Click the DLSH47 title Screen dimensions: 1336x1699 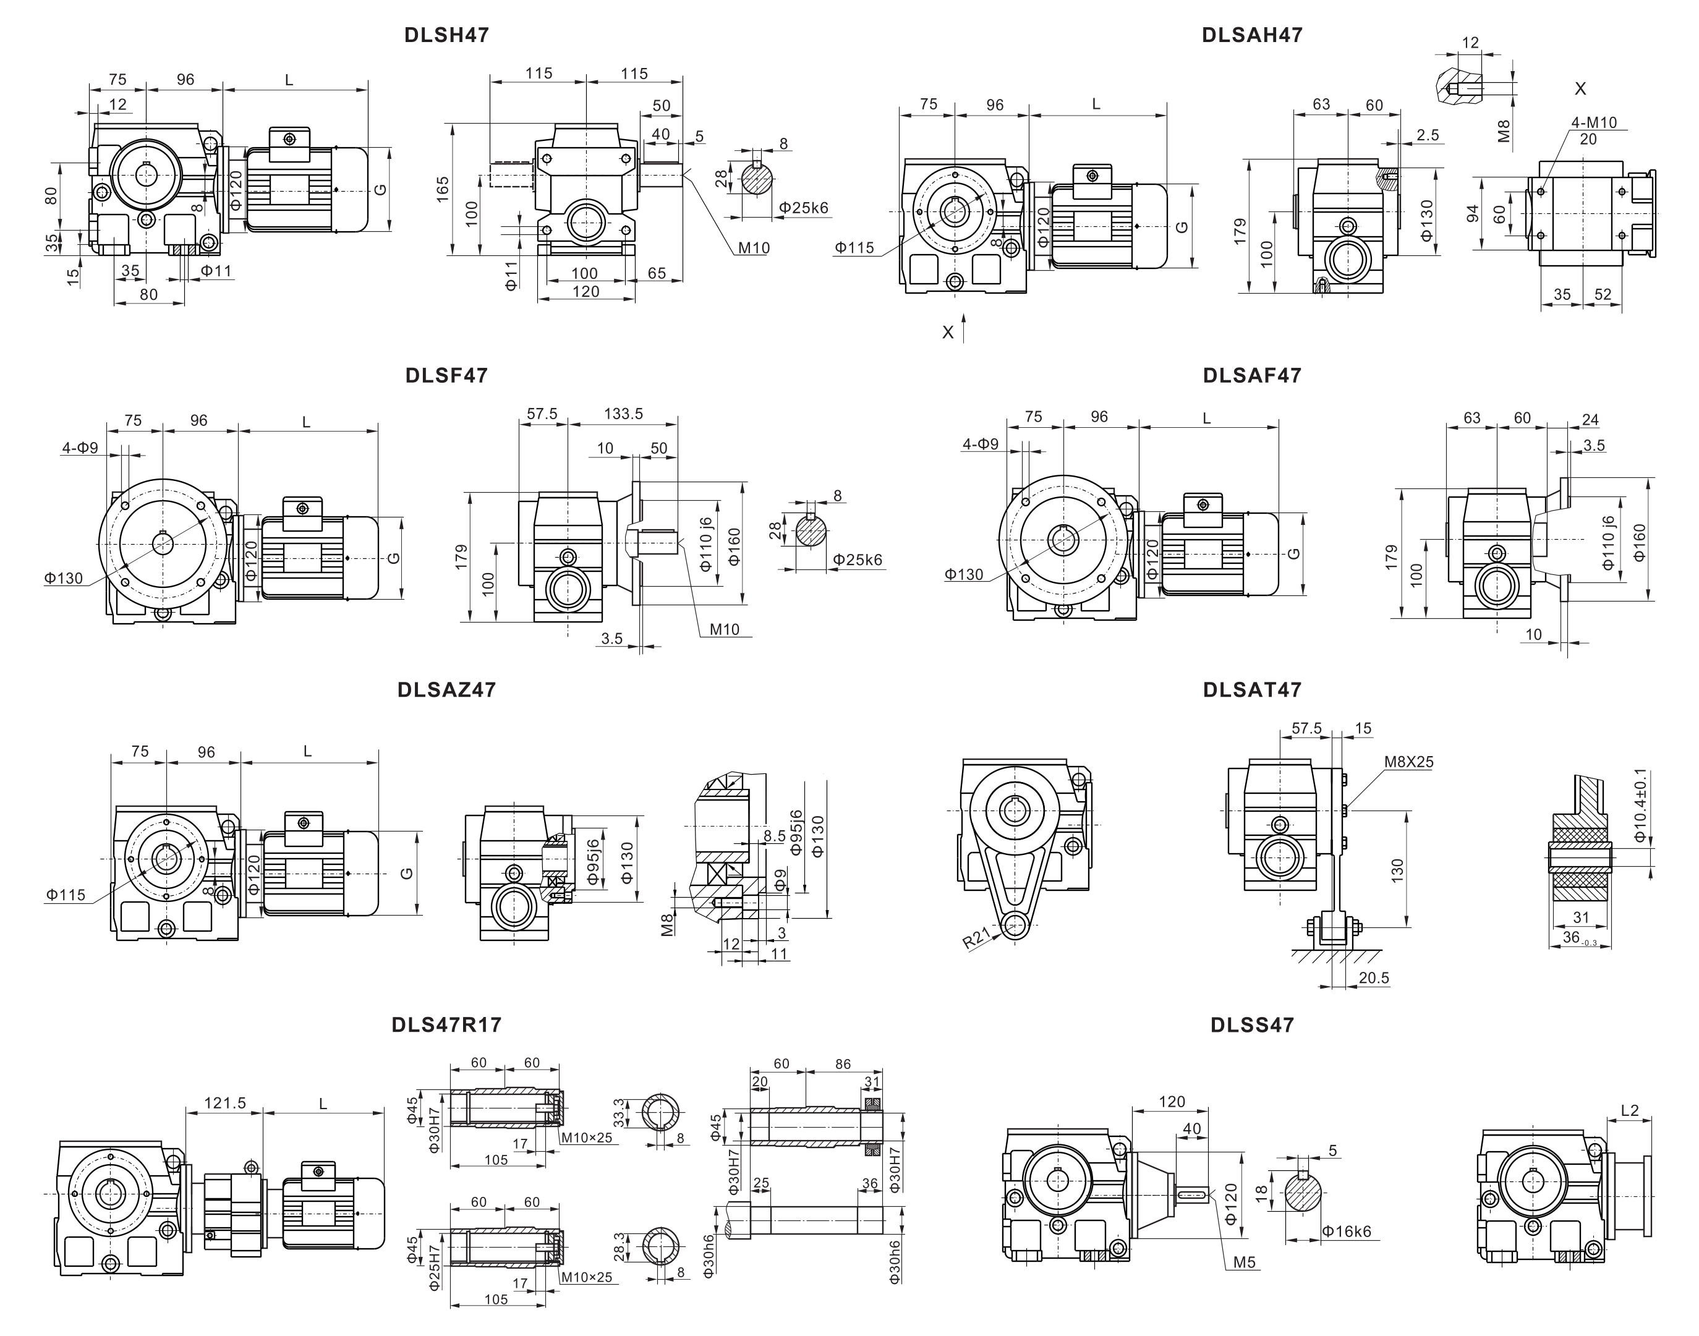(446, 35)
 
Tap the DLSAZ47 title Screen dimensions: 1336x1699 (446, 690)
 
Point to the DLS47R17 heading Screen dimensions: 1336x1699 (446, 1024)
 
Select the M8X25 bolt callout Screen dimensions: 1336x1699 (1408, 762)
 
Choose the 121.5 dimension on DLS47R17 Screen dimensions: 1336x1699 (225, 1103)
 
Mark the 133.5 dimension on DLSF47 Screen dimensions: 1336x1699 (623, 413)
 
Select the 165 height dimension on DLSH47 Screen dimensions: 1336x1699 (443, 189)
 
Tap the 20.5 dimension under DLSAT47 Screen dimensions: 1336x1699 (1374, 978)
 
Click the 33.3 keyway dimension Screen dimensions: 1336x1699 (619, 1113)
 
